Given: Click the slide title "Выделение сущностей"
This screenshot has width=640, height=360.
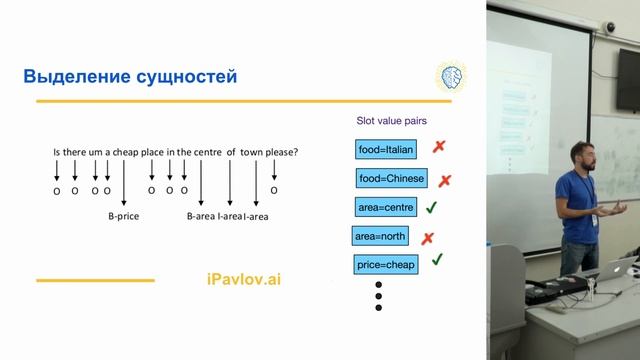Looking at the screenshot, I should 130,77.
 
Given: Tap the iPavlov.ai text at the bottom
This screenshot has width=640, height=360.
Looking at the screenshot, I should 237,279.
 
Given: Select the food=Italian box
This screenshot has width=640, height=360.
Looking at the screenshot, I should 386,150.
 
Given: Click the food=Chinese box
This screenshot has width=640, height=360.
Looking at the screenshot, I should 391,179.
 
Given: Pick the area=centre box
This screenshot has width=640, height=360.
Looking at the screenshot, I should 385,208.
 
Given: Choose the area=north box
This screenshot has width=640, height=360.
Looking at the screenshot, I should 380,238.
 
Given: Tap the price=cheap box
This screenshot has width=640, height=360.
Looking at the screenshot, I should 386,265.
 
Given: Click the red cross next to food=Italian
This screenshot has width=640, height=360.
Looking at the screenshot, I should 438,147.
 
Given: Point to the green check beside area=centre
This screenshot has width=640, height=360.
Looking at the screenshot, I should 432,207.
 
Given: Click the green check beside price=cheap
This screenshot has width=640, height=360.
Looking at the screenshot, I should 437,260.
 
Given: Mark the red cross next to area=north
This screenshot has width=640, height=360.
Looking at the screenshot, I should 427,238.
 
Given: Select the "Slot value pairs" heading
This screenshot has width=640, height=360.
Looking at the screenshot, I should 392,121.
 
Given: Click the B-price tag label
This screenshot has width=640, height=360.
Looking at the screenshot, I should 124,215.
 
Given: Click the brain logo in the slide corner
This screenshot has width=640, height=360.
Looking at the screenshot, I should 451,76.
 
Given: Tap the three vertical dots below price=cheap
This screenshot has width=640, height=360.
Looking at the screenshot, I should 379,295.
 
